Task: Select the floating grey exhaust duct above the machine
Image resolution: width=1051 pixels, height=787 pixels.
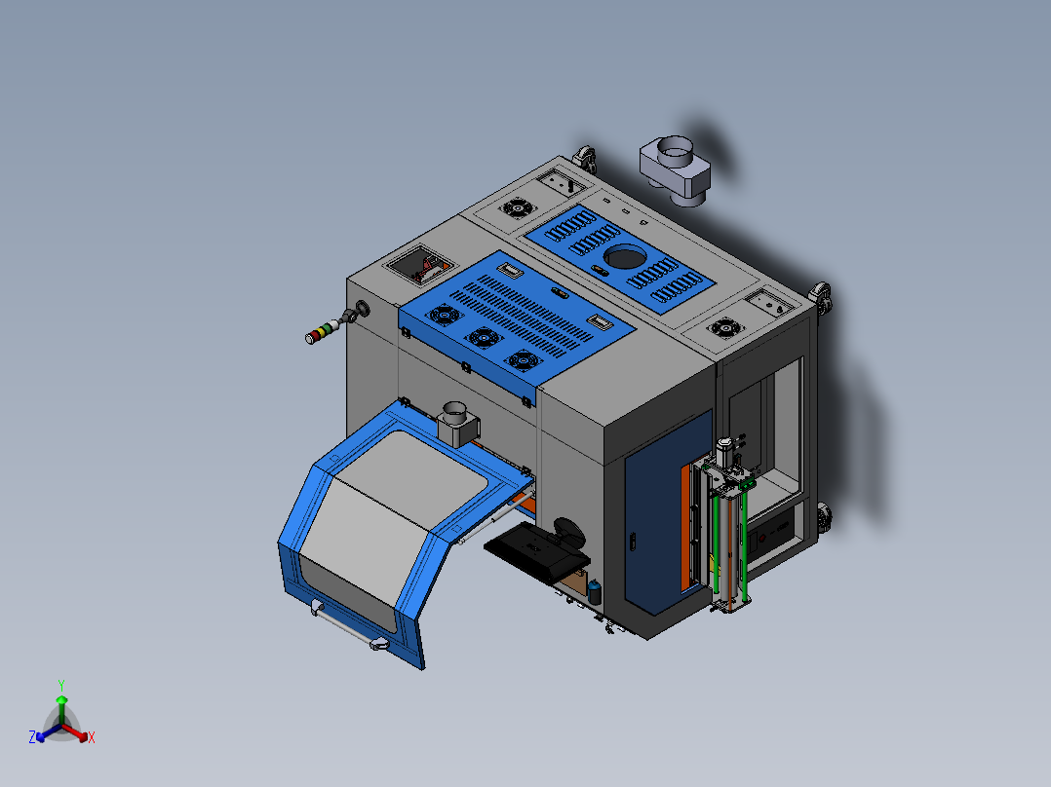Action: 675,168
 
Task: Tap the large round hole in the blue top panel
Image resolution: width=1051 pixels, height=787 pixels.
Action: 622,258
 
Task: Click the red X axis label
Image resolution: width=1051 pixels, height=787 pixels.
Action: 92,738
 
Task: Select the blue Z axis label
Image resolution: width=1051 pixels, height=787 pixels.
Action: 31,738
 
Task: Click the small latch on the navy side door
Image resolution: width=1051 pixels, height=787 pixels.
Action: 634,542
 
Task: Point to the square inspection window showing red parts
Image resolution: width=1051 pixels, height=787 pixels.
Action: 422,265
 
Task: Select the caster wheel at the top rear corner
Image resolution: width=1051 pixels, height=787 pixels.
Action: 585,157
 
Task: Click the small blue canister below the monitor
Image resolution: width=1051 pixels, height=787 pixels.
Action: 595,590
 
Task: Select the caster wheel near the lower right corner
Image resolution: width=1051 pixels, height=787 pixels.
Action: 825,517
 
